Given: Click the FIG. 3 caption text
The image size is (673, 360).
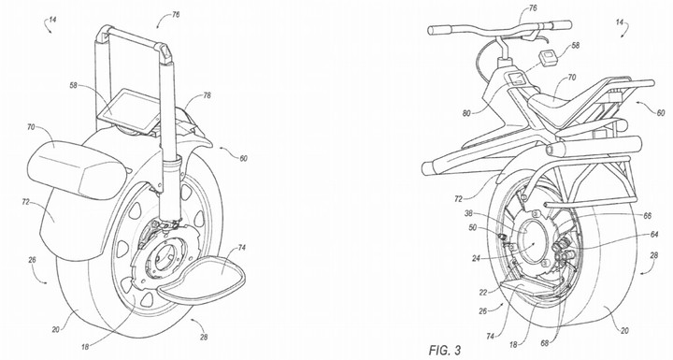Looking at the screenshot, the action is pyautogui.click(x=445, y=350).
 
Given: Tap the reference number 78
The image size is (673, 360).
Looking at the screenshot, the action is pyautogui.click(x=207, y=95).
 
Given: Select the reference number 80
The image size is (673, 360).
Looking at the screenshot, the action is pyautogui.click(x=466, y=113).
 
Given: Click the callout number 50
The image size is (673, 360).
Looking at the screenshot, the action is pyautogui.click(x=473, y=227).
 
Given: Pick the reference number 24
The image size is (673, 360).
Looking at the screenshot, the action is pyautogui.click(x=476, y=259).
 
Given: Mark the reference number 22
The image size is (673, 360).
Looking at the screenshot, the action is pyautogui.click(x=483, y=293).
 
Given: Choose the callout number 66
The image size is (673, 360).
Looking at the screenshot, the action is pyautogui.click(x=647, y=217).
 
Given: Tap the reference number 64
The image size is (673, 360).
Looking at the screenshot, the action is pyautogui.click(x=654, y=235).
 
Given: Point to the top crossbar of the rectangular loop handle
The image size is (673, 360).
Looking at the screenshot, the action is pyautogui.click(x=132, y=36).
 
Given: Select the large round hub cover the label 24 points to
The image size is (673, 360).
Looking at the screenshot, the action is pyautogui.click(x=532, y=241).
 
